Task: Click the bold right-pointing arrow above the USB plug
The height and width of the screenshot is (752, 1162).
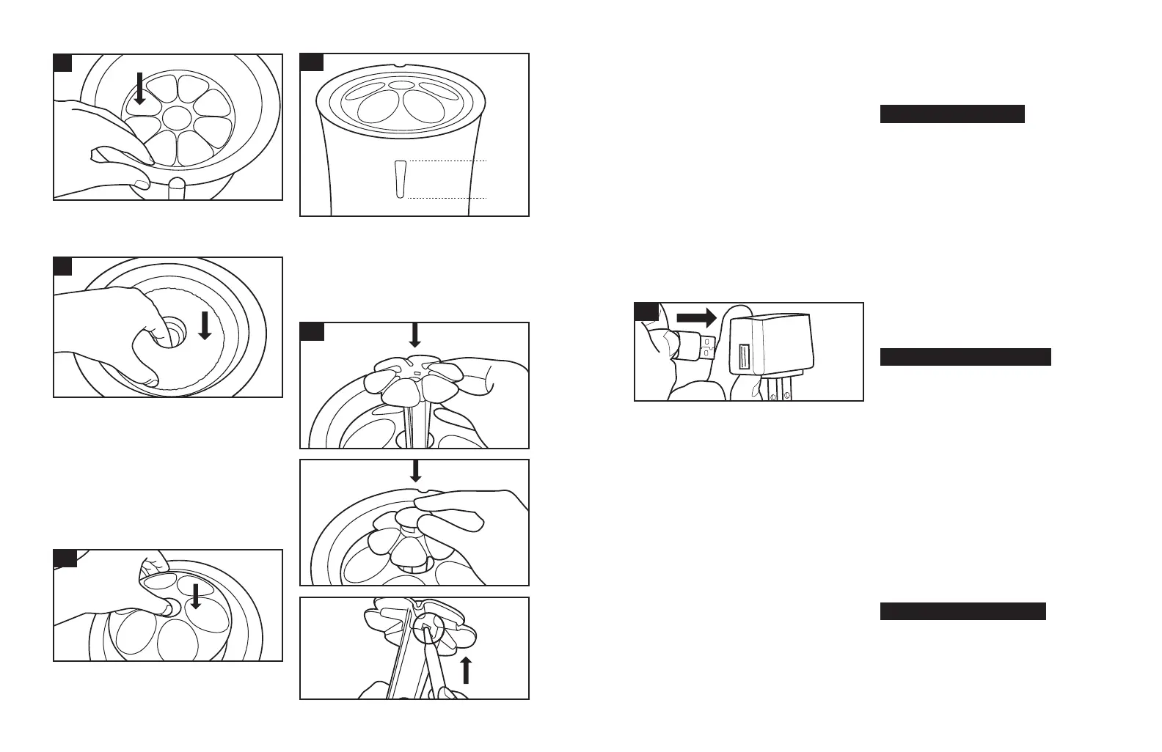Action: coord(695,317)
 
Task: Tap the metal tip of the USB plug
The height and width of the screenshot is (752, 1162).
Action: coord(706,346)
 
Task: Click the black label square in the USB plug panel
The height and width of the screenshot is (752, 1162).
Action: coord(646,311)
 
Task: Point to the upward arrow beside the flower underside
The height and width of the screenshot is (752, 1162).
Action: coord(465,670)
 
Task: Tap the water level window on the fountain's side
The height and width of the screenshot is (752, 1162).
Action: coord(399,179)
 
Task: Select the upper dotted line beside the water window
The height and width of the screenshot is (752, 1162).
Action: coord(447,160)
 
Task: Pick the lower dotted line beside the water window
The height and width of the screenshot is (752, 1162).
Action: coord(447,199)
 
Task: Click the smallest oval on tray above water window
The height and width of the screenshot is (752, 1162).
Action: coord(401,86)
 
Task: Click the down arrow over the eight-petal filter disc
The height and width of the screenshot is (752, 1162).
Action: coord(140,88)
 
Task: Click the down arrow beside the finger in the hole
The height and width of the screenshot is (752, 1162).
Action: coord(205,325)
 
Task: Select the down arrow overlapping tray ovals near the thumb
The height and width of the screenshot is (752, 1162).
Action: coord(196,596)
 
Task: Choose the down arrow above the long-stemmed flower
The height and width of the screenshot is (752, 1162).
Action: coord(414,335)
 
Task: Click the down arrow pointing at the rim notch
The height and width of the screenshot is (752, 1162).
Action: coord(415,470)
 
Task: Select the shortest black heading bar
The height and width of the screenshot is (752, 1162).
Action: coord(952,114)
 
